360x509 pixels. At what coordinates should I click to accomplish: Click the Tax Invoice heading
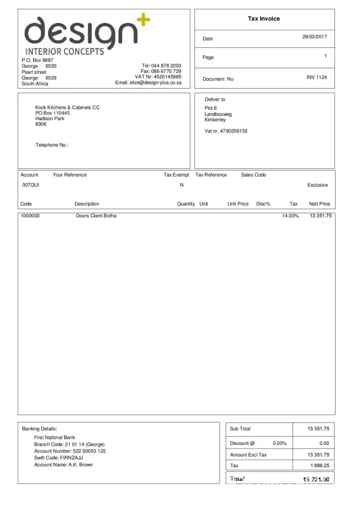point(264,19)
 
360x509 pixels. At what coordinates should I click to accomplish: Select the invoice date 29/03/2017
point(315,37)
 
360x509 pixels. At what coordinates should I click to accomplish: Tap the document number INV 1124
point(317,77)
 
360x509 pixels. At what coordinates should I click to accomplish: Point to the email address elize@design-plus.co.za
point(148,82)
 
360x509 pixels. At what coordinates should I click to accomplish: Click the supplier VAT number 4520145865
point(167,77)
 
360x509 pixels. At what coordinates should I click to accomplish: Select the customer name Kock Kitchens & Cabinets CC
point(67,107)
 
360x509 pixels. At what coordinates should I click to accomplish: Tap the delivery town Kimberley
point(215,120)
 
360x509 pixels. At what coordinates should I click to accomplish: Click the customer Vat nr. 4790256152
point(226,131)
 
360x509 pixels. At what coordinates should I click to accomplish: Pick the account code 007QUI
point(30,185)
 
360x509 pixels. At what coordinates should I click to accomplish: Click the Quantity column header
point(186,204)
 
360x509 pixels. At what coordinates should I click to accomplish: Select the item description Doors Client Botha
point(96,216)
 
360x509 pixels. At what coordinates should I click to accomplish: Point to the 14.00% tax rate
point(290,216)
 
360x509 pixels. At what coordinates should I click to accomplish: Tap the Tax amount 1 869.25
point(319,465)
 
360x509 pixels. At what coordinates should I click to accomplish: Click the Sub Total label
point(240,429)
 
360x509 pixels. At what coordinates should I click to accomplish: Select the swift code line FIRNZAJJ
point(59,458)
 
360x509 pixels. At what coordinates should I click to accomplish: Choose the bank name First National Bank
point(54,437)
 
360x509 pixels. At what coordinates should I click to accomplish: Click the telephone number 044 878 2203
point(169,66)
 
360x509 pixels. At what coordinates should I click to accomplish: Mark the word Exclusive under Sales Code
point(318,185)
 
